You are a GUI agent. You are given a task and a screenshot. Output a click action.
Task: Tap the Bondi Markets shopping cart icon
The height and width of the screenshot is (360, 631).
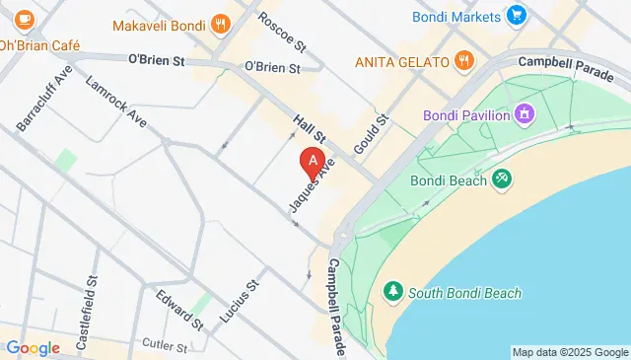tap(515, 15)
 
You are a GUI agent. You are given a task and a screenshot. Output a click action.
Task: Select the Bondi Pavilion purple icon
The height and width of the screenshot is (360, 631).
tap(525, 115)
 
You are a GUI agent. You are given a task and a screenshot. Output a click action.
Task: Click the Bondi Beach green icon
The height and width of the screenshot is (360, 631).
tap(502, 180)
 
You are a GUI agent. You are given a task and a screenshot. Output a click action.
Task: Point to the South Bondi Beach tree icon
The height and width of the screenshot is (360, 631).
tap(393, 292)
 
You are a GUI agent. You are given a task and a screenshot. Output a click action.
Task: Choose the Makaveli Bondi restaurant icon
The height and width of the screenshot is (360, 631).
tap(221, 24)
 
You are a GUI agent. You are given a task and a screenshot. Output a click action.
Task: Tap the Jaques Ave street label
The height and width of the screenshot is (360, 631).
tap(312, 184)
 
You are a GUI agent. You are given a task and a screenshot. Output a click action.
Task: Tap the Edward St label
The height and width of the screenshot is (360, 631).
tap(178, 309)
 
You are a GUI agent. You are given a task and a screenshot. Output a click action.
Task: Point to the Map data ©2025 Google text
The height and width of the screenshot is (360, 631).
tap(570, 352)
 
